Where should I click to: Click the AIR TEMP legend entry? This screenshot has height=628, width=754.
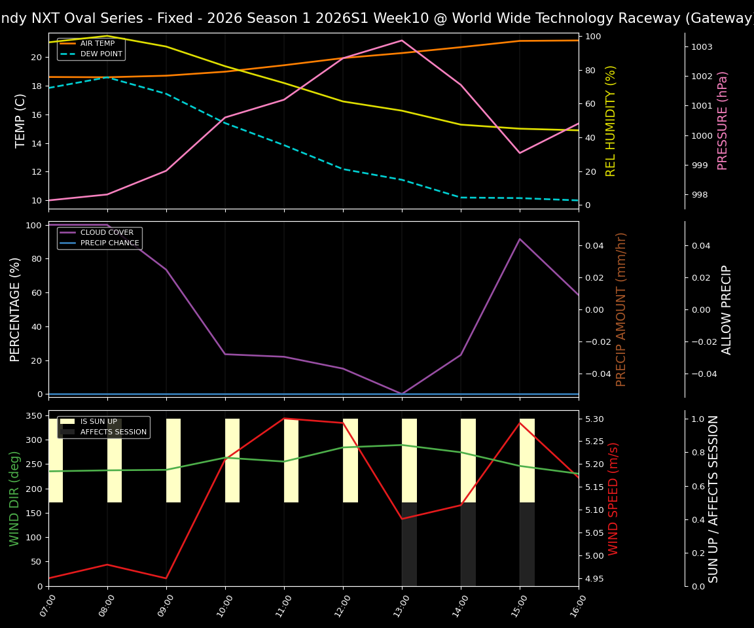pyautogui.click(x=97, y=44)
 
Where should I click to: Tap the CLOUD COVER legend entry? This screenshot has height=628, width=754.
pyautogui.click(x=106, y=233)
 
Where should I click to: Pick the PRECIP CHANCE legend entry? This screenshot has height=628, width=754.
pyautogui.click(x=109, y=243)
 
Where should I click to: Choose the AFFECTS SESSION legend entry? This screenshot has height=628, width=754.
pyautogui.click(x=113, y=432)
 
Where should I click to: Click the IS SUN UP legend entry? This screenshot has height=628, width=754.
pyautogui.click(x=100, y=422)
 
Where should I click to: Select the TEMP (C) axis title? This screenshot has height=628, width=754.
pyautogui.click(x=21, y=120)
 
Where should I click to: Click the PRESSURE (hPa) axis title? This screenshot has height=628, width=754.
pyautogui.click(x=723, y=120)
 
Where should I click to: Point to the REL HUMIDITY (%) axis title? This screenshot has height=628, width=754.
pyautogui.click(x=611, y=120)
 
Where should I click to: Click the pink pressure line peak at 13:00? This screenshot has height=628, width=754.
pyautogui.click(x=402, y=41)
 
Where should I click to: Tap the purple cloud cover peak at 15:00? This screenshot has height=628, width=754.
pyautogui.click(x=520, y=239)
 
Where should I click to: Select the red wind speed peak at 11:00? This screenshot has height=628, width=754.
pyautogui.click(x=284, y=419)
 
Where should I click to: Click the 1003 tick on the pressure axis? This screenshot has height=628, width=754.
pyautogui.click(x=702, y=47)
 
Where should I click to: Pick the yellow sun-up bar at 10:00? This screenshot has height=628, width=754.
pyautogui.click(x=232, y=461)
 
